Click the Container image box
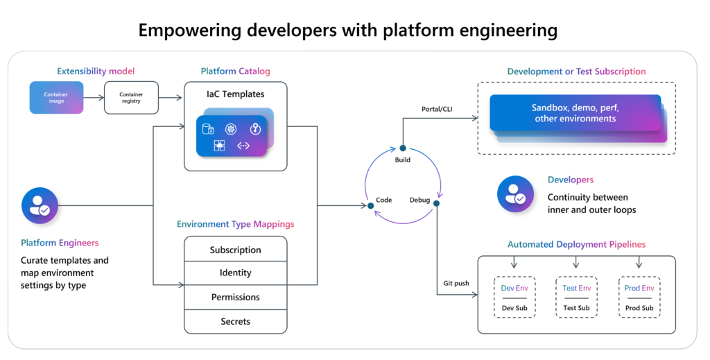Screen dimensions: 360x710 coord(56,98)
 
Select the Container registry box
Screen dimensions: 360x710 coord(130,98)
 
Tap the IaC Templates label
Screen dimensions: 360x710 coord(235,94)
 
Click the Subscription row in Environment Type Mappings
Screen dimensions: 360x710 coord(235,250)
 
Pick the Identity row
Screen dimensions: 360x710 coord(235,273)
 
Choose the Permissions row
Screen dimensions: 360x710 coord(235,297)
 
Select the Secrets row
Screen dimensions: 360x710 coord(235,321)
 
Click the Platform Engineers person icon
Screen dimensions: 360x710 coord(40,205)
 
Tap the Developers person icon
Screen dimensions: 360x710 coord(516,194)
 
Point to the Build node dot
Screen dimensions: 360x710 coord(402,148)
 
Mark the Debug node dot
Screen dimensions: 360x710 coord(437,204)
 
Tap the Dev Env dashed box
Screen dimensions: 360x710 coord(514,298)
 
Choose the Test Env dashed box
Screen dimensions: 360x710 coord(577,298)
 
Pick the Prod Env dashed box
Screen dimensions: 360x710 coord(639,298)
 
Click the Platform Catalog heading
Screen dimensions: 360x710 coord(235,71)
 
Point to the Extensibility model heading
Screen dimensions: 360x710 coord(96,71)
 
